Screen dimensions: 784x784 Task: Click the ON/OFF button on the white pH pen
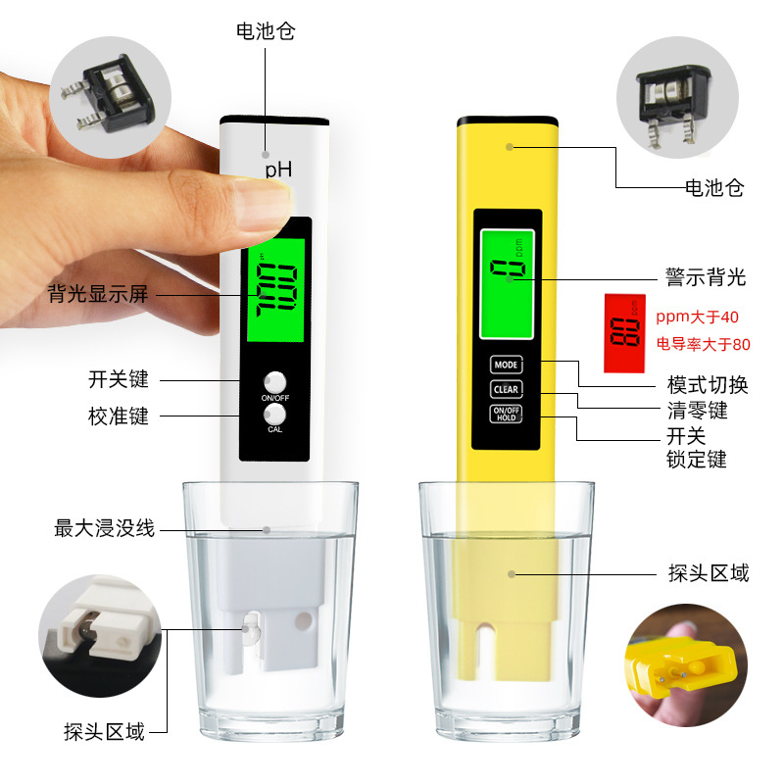(x=274, y=382)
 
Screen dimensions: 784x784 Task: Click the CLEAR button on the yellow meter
(x=506, y=389)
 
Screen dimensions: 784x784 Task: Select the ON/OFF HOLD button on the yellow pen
(x=506, y=413)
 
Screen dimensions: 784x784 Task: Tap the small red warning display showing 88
(x=622, y=333)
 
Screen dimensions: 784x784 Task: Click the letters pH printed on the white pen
(x=278, y=171)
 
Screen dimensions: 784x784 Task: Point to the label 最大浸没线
(x=105, y=529)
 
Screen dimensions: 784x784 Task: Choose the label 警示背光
(x=706, y=278)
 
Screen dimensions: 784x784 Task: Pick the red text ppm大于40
(x=698, y=318)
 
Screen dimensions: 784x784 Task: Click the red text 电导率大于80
(x=703, y=344)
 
